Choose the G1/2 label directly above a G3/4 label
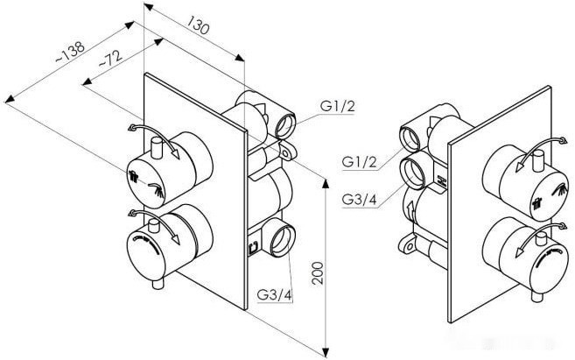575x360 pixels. tap(360, 163)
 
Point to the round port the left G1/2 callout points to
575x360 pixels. tap(286, 125)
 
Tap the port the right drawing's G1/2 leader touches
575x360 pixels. tap(412, 137)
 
